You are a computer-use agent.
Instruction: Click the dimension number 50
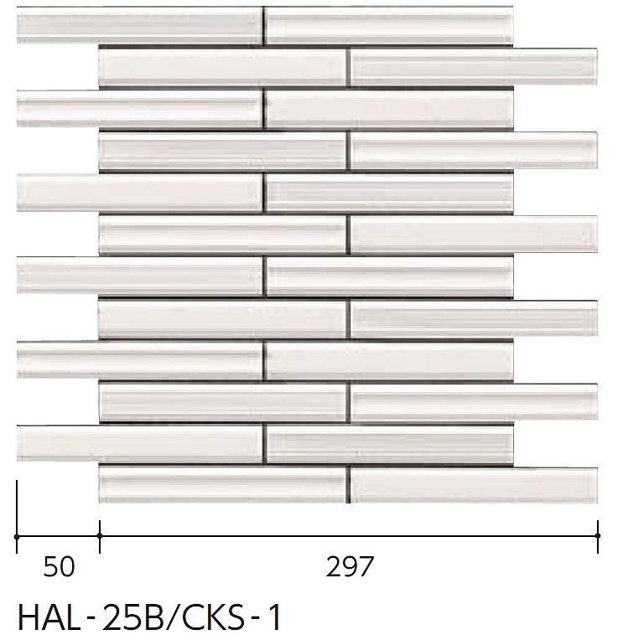(x=60, y=566)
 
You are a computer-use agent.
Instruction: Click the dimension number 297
(x=350, y=566)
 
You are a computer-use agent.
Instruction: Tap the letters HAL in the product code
(x=49, y=617)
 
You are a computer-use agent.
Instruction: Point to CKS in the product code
(x=213, y=617)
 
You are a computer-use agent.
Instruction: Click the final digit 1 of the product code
(x=275, y=617)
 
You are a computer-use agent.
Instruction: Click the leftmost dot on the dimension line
(x=17, y=536)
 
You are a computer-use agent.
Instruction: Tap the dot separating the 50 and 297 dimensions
(x=100, y=536)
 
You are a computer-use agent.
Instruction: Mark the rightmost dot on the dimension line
(x=598, y=536)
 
